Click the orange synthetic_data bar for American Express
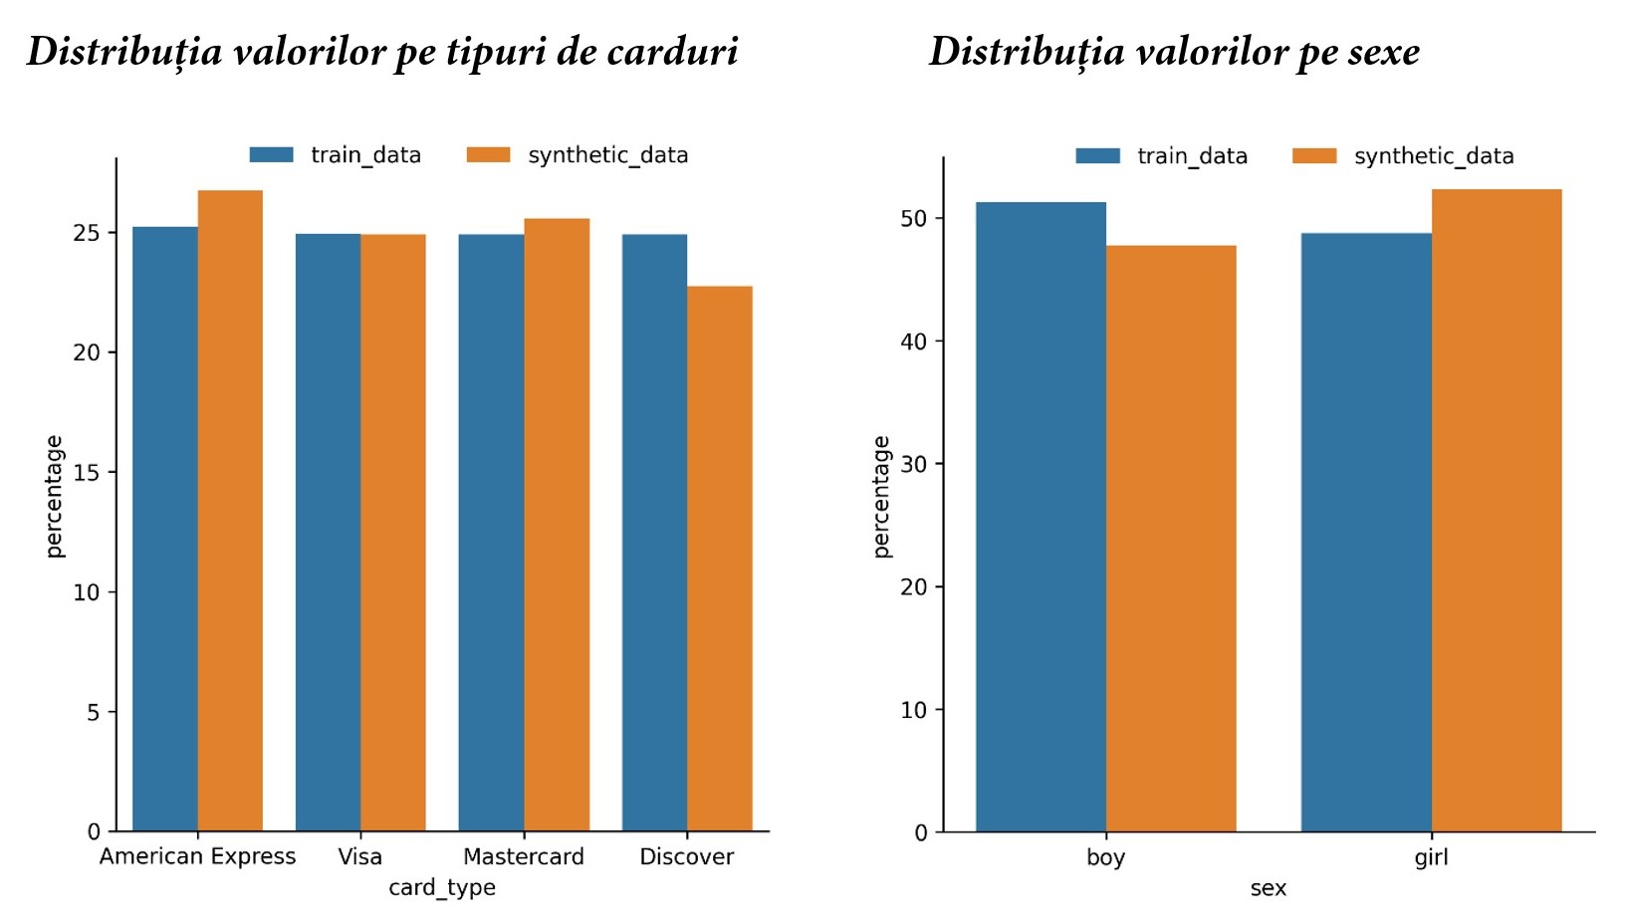click(230, 510)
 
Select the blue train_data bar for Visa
click(328, 532)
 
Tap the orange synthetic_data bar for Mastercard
click(557, 524)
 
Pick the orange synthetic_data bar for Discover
click(720, 558)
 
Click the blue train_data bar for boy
click(1041, 516)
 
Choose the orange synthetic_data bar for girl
click(1497, 510)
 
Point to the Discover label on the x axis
click(686, 856)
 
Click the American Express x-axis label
click(197, 856)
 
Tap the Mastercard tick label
click(524, 856)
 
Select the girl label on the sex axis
click(1431, 857)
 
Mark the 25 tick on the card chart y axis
click(87, 233)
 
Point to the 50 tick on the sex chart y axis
click(913, 219)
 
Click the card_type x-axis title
click(442, 887)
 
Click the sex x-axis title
click(1268, 888)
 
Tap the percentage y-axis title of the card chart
click(54, 496)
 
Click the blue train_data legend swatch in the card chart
click(271, 154)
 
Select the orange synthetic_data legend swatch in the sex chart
click(1314, 155)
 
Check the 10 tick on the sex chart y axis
click(913, 710)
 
